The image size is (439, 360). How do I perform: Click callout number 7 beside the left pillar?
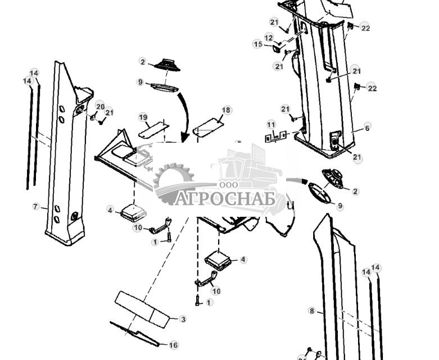(x=36, y=207)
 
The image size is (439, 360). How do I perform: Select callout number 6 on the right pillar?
(x=367, y=128)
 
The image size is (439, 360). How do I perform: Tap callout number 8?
(x=312, y=311)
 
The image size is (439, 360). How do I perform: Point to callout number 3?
(x=183, y=319)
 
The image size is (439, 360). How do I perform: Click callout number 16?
(x=174, y=345)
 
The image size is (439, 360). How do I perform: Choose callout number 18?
(x=226, y=110)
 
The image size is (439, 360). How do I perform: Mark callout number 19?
(x=143, y=117)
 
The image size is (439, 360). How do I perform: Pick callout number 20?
(x=100, y=106)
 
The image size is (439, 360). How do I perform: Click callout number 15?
(x=258, y=44)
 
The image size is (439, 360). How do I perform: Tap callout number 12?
(x=269, y=38)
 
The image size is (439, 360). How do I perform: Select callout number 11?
(x=271, y=124)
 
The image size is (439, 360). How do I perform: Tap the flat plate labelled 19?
(x=153, y=130)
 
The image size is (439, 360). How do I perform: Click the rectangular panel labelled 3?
(x=143, y=308)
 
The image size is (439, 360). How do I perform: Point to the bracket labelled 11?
(x=275, y=136)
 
